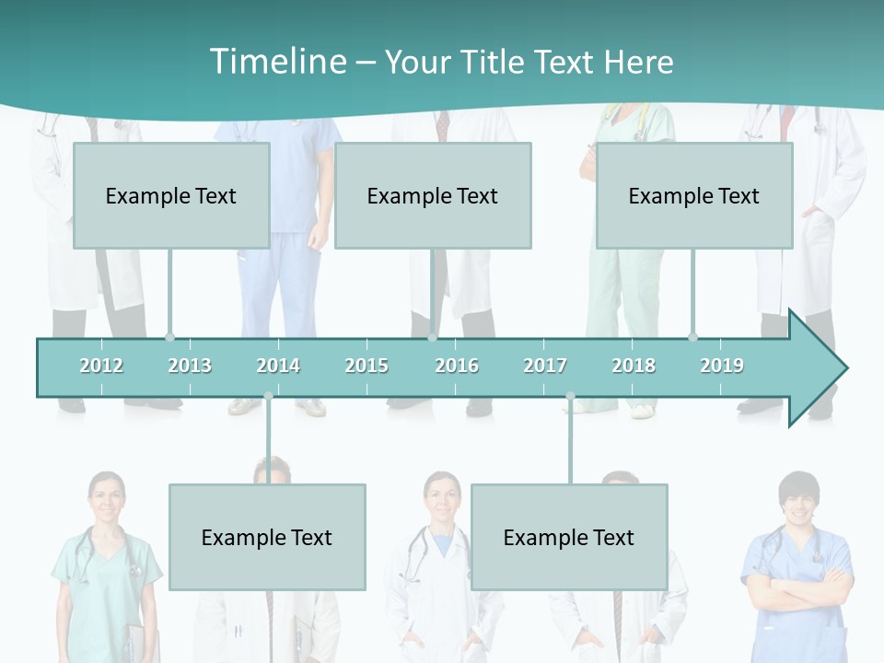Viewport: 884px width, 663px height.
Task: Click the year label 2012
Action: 101,366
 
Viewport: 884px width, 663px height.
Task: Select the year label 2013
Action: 190,366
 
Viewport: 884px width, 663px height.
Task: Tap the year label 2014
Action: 278,366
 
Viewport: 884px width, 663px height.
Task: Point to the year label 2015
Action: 366,366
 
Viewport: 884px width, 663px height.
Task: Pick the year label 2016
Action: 457,366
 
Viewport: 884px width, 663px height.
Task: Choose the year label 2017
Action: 545,366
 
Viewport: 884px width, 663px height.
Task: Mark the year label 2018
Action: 634,366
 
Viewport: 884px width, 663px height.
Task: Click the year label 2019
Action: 722,366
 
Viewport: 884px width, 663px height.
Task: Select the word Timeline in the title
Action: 276,62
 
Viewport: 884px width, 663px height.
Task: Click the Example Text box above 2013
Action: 171,195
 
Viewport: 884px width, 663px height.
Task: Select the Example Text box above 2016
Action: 433,195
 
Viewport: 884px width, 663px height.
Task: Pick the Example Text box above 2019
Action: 694,195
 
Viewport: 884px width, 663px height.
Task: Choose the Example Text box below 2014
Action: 267,537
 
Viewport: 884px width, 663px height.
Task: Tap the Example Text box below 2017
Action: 569,537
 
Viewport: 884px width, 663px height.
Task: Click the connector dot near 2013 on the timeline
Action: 169,337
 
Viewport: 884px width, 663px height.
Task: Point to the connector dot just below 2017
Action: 570,396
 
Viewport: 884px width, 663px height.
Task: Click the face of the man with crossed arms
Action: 797,502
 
